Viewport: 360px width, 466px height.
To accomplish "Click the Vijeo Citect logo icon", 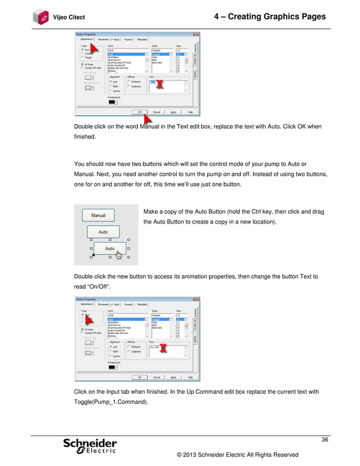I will tap(41, 16).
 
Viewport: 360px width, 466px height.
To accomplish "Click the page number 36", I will tap(325, 439).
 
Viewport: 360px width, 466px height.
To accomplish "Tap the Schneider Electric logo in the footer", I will tap(90, 446).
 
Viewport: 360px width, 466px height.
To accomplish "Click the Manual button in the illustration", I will tap(98, 215).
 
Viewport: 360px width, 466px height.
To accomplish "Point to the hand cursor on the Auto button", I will tap(118, 254).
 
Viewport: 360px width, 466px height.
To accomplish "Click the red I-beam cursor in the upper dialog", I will tap(160, 83).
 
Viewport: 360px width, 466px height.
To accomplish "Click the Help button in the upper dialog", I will tap(191, 112).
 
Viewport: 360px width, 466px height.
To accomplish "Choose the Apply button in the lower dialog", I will tap(174, 377).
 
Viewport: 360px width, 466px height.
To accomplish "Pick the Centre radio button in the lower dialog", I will tap(111, 356).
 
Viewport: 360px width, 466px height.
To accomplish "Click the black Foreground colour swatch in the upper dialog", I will tap(112, 102).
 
